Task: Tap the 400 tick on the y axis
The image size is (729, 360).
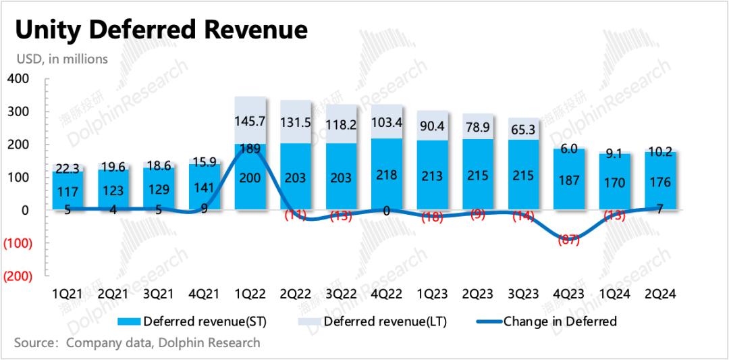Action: tap(18, 79)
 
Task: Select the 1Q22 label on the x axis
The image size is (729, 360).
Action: tap(249, 294)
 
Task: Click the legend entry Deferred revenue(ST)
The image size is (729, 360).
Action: tap(196, 321)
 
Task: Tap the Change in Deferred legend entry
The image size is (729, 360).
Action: tap(560, 321)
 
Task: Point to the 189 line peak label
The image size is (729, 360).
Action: tap(250, 149)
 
